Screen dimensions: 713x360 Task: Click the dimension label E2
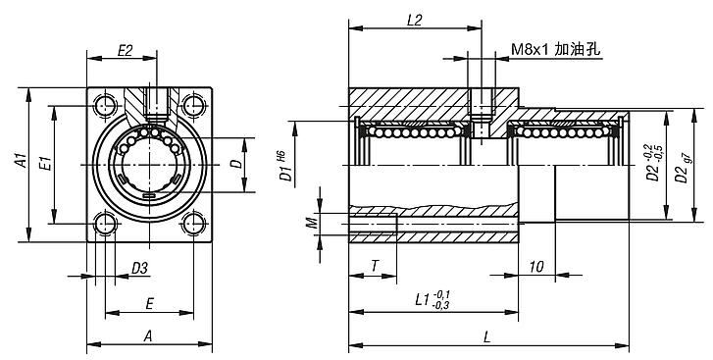[125, 50]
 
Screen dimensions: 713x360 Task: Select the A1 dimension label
[22, 161]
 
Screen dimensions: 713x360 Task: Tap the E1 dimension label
[46, 163]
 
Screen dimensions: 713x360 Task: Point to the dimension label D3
[140, 268]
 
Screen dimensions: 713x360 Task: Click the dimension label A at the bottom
[148, 336]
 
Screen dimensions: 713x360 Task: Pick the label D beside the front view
[236, 164]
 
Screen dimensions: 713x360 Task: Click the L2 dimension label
[414, 21]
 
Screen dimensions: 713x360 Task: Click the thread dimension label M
[311, 224]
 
